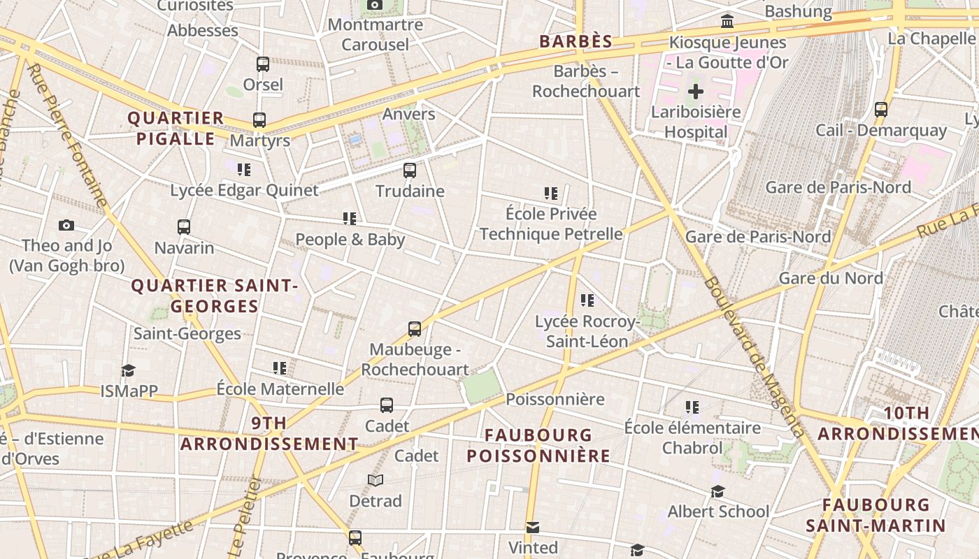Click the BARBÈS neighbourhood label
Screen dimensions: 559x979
[x=576, y=41]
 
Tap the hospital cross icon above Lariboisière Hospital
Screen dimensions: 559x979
[x=696, y=92]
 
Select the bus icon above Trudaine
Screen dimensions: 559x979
[x=410, y=170]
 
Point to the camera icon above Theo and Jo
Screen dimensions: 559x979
[x=66, y=225]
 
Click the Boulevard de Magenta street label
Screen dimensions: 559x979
[x=754, y=356]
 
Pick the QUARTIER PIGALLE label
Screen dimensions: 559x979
[x=176, y=129]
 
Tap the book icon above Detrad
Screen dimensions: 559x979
[x=376, y=481]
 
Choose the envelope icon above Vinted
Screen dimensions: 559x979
[x=533, y=527]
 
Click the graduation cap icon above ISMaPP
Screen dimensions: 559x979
[x=128, y=370]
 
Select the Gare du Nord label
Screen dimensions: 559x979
[x=831, y=278]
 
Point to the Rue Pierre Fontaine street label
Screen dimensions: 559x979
[x=69, y=136]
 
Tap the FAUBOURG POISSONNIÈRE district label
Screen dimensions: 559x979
[x=538, y=446]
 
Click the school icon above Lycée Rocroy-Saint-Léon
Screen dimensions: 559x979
[x=587, y=300]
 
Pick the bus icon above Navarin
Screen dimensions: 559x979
[x=184, y=227]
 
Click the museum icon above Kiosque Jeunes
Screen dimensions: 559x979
[x=727, y=22]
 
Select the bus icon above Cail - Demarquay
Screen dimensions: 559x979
[x=881, y=110]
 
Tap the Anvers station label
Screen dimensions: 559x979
[x=409, y=114]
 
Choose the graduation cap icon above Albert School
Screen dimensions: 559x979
[x=717, y=491]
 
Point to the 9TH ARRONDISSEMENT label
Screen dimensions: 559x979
[x=269, y=433]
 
